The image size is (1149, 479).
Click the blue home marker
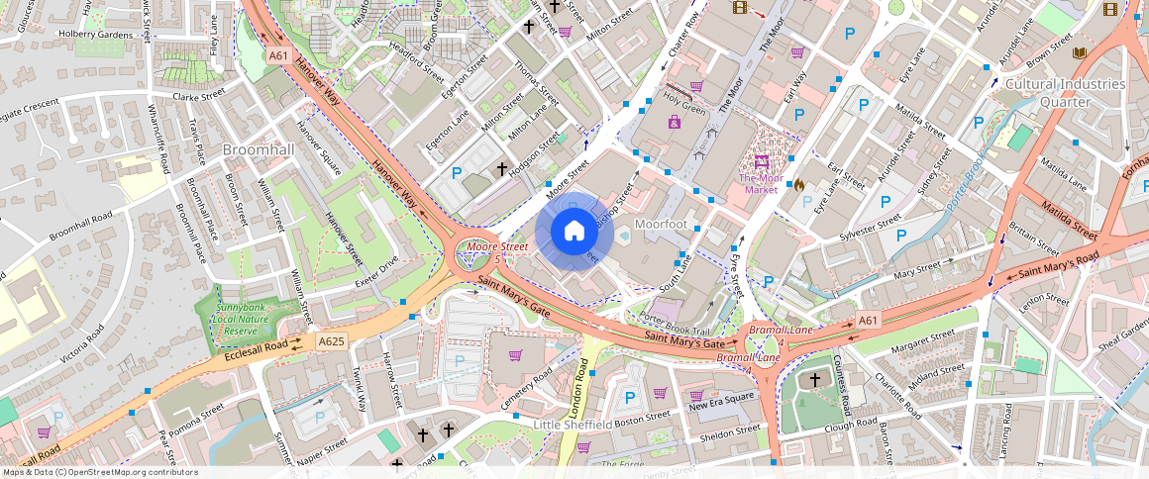point(574,232)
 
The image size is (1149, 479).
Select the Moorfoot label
point(661,225)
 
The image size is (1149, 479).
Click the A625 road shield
point(332,341)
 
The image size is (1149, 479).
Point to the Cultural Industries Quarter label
point(1065,93)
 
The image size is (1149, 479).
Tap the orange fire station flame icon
point(798,184)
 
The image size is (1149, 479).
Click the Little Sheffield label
point(573,425)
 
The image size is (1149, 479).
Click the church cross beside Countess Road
point(815,379)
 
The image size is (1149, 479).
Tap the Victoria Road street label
point(82,342)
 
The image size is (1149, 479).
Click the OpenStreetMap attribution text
point(100,472)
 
